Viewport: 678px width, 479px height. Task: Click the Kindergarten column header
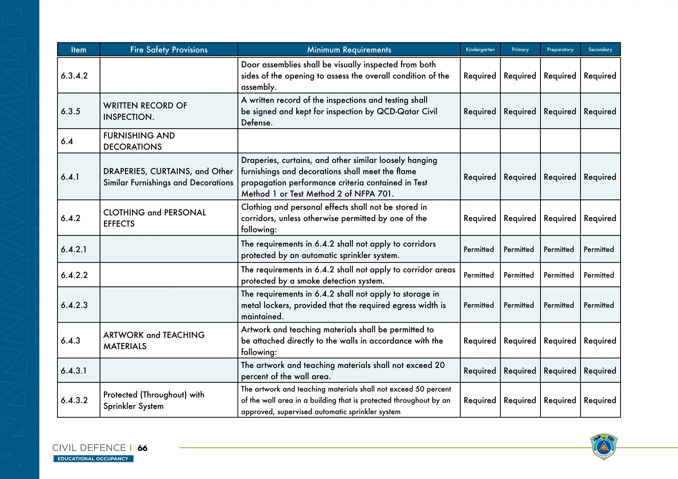click(480, 50)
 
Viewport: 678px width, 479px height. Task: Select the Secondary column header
click(600, 50)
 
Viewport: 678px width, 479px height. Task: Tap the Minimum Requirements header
click(349, 50)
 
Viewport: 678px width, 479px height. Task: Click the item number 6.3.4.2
click(74, 76)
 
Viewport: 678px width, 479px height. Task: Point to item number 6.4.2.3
click(74, 305)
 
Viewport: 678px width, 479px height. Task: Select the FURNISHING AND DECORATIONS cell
click(139, 141)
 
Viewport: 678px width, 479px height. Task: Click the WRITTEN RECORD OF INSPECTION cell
click(145, 111)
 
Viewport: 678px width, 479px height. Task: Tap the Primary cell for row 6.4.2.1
click(519, 249)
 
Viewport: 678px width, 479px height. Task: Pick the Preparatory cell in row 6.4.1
click(560, 177)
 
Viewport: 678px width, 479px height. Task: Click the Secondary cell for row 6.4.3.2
click(600, 400)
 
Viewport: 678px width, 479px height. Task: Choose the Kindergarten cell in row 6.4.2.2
click(479, 275)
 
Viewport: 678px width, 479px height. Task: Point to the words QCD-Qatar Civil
click(407, 111)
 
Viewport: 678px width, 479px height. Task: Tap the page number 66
click(142, 448)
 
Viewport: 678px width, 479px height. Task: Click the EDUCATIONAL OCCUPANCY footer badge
click(93, 459)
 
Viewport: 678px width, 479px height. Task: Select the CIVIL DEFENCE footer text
click(89, 448)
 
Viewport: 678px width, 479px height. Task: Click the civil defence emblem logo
click(604, 447)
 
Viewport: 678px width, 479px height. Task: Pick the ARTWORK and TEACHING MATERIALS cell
click(154, 340)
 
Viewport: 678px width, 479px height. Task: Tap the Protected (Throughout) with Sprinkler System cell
click(154, 400)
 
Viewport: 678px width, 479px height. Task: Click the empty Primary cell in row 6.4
click(520, 141)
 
